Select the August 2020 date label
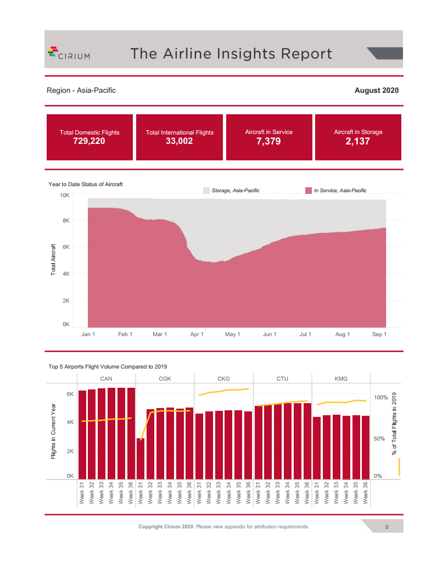(376, 90)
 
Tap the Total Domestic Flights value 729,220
(89, 141)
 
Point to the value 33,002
(179, 141)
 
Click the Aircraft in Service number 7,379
(268, 141)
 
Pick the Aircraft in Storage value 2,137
(358, 141)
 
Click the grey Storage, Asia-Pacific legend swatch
(206, 191)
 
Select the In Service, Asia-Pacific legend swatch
(308, 191)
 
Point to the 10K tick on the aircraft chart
(65, 195)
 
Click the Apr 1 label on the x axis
(197, 334)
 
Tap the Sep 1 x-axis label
(379, 334)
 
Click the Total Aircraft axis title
(53, 259)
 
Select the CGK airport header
(165, 378)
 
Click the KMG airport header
(341, 378)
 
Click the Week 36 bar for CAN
(131, 433)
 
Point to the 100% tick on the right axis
(381, 397)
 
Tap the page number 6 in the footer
(387, 527)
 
